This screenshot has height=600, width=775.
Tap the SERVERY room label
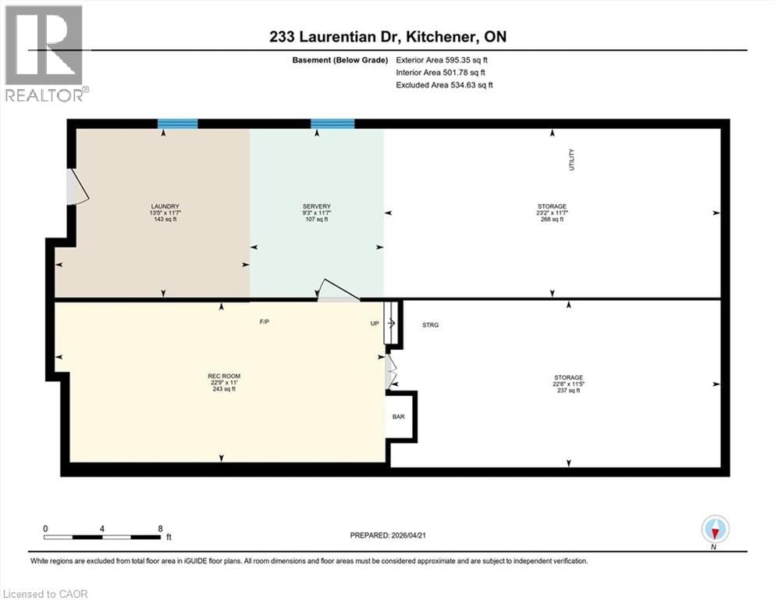(x=315, y=206)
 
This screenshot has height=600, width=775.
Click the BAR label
(x=398, y=417)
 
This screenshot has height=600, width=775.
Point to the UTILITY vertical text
(x=571, y=160)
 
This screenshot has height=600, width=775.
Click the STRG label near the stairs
(x=430, y=325)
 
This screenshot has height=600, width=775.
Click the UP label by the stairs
(x=375, y=322)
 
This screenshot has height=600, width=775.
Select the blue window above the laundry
(x=177, y=123)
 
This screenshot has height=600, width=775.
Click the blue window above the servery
(x=332, y=123)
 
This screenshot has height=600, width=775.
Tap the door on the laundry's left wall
(x=76, y=188)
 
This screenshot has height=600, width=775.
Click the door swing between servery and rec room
(x=337, y=291)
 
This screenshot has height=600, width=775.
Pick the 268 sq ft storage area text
(x=553, y=220)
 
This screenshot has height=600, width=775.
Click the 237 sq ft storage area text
(x=568, y=391)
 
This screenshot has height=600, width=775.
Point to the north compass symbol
(x=715, y=530)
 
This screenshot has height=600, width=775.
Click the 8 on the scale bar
(x=160, y=528)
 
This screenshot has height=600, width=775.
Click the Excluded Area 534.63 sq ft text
(x=444, y=84)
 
